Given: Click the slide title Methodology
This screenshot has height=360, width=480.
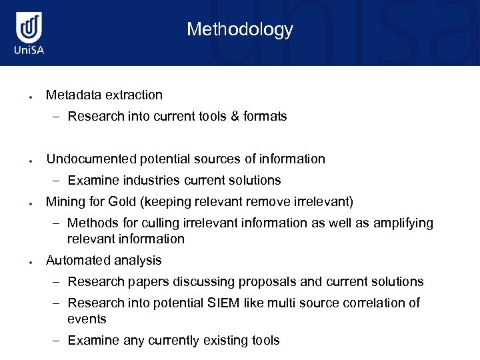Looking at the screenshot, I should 239,29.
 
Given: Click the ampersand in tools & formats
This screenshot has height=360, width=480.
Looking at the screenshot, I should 235,116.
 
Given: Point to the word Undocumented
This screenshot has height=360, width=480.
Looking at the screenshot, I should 91,159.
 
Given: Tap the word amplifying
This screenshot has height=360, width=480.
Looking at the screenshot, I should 400,223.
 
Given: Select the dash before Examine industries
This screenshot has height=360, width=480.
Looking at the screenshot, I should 57,180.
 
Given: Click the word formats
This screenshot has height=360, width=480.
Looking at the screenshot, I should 265,116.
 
